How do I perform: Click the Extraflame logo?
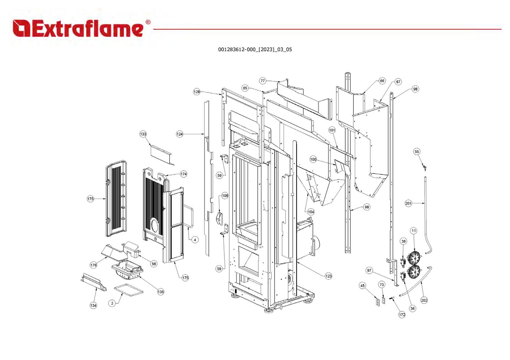point(81,29)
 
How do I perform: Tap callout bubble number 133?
point(143,134)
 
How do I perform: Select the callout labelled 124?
point(180,134)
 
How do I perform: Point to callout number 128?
point(196,92)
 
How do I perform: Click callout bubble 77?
point(263,81)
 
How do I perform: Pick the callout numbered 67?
point(398,82)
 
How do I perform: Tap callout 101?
point(332,130)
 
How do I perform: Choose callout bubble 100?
point(313,159)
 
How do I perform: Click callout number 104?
point(311,212)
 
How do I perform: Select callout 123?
point(328,276)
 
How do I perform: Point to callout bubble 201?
point(408,203)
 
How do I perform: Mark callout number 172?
point(402,315)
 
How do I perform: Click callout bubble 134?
point(93,305)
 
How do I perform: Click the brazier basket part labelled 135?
point(127,270)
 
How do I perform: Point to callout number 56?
point(154,264)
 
